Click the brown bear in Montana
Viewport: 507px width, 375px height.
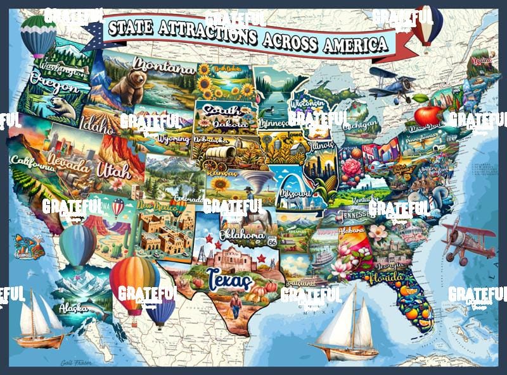tap(129, 86)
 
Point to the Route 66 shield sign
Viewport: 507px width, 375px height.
tap(273, 242)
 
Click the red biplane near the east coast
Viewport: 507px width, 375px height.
tap(469, 239)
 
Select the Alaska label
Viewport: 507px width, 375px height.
tap(73, 308)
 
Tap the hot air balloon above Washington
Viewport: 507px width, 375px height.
tap(38, 35)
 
